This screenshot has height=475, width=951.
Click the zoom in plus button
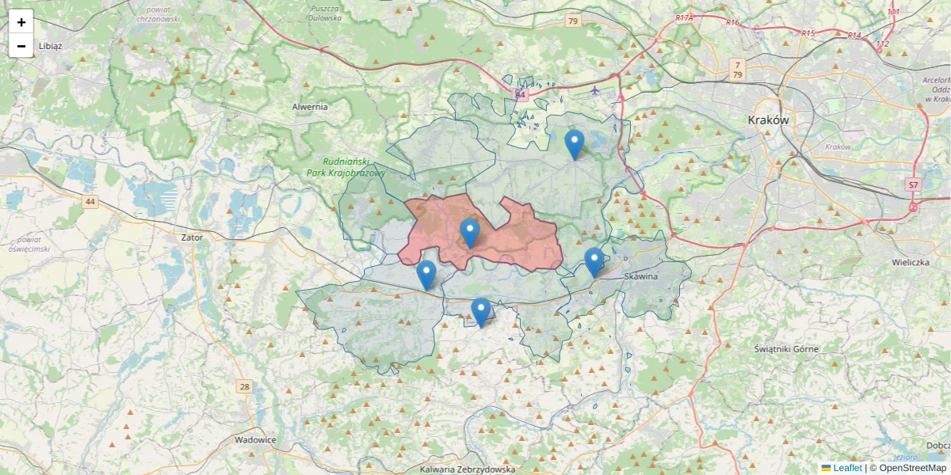pos(21,22)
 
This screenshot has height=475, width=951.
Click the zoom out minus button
pos(21,46)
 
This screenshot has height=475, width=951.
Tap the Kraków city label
pos(768,120)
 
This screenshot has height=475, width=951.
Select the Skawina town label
pos(641,276)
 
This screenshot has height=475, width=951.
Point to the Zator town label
pos(192,237)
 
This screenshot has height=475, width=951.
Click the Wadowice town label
pos(255,439)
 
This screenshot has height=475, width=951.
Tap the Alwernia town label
pos(309,107)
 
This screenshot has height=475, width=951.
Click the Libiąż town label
pos(49,46)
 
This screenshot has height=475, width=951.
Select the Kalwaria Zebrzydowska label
pos(468,469)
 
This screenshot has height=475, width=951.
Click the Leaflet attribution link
pos(847,468)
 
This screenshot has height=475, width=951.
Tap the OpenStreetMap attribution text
pos(912,468)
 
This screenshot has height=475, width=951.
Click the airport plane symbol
pos(595,89)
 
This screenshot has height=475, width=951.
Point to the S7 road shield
pos(913,184)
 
